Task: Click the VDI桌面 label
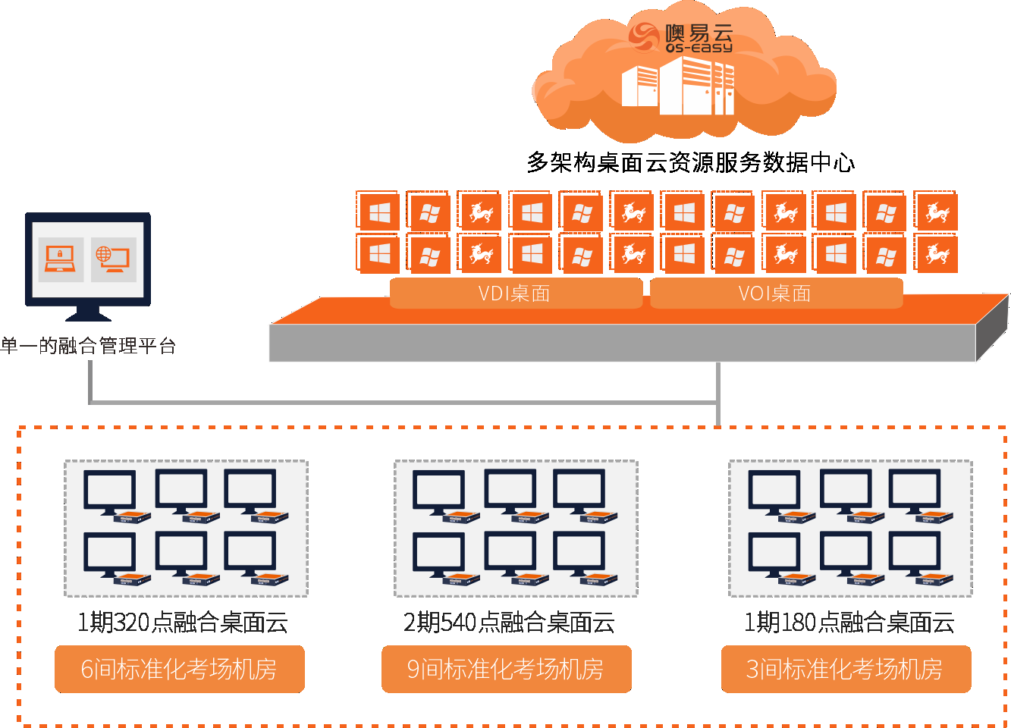515,293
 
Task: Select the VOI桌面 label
775,293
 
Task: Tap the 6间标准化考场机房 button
179,669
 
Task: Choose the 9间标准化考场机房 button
506,669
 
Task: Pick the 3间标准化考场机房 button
845,669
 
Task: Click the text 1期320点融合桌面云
183,623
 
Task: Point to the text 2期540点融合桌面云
509,623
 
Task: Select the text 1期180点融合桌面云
849,623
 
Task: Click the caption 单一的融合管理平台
89,346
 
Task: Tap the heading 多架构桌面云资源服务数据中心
691,162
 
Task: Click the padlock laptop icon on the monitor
61,259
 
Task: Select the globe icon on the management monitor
113,259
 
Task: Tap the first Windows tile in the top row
379,212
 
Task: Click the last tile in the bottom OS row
937,253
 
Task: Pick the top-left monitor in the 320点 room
110,491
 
